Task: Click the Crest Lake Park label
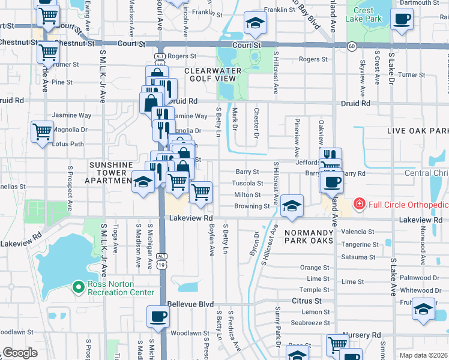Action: click(x=364, y=14)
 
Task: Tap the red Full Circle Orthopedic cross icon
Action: click(x=359, y=205)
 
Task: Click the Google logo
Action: click(x=20, y=353)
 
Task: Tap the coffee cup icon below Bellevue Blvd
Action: click(x=158, y=316)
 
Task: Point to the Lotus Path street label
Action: click(x=68, y=144)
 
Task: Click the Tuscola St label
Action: click(x=248, y=184)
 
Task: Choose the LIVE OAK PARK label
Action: click(x=418, y=131)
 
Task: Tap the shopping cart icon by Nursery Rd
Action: click(x=337, y=344)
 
